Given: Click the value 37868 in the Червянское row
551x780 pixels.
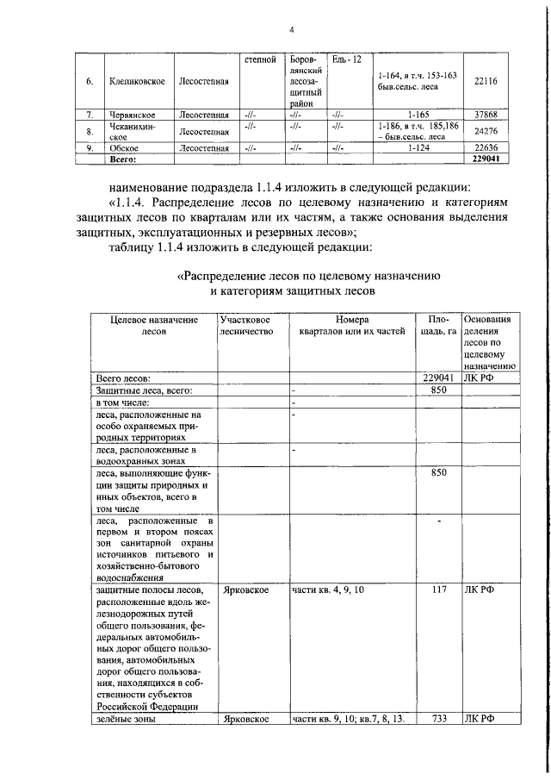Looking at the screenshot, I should (486, 114).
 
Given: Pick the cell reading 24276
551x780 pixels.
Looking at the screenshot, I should (486, 130).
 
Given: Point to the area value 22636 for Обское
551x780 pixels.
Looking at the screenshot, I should (486, 147).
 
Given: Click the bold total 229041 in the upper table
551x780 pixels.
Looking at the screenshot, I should (486, 159).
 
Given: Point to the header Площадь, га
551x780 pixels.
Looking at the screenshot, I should (438, 325).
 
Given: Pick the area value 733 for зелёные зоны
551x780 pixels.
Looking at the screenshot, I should (438, 718).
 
